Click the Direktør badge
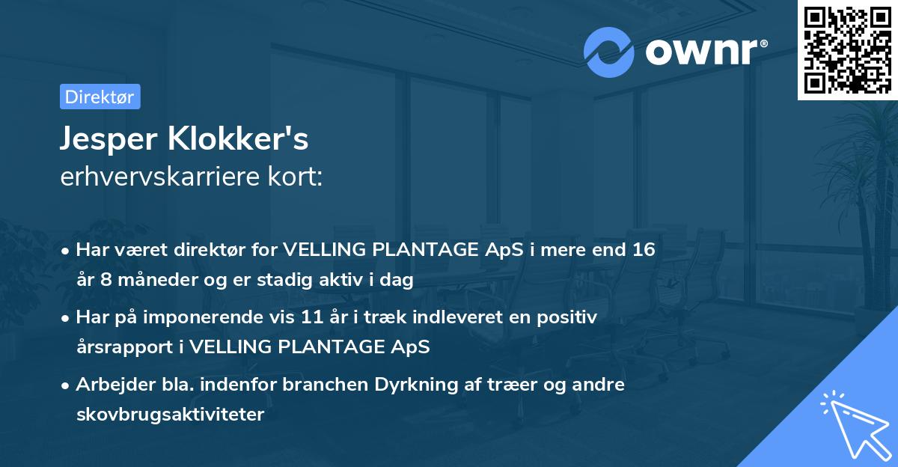point(100,97)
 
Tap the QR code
point(847,49)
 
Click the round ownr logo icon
point(609,52)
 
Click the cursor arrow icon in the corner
point(853,423)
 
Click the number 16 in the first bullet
point(644,249)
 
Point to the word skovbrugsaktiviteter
point(170,414)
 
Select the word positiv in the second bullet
point(569,317)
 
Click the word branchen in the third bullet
point(324,385)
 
